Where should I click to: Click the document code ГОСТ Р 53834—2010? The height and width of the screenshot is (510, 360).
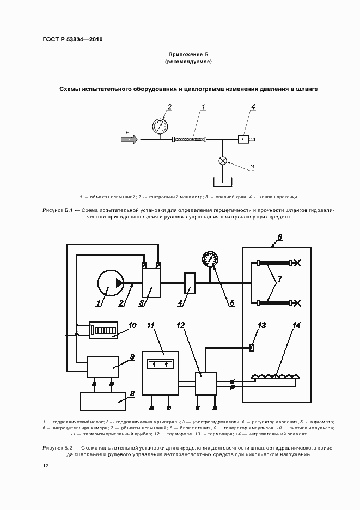pyautogui.click(x=72, y=40)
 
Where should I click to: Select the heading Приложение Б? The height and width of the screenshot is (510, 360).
pyautogui.click(x=188, y=54)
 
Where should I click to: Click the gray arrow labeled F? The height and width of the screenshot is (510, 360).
pyautogui.click(x=129, y=139)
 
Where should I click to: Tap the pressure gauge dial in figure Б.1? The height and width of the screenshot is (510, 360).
pyautogui.click(x=160, y=126)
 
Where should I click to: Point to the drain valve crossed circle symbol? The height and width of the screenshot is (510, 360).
pyautogui.click(x=222, y=160)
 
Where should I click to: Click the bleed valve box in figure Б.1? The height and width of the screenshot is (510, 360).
pyautogui.click(x=243, y=139)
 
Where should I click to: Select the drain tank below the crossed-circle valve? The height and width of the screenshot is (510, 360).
pyautogui.click(x=222, y=181)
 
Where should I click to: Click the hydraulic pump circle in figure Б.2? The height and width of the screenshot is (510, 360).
pyautogui.click(x=110, y=283)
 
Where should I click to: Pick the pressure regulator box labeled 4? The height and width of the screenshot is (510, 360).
pyautogui.click(x=190, y=282)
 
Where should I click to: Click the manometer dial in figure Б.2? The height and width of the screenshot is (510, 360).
pyautogui.click(x=210, y=258)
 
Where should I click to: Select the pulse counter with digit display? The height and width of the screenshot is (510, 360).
pyautogui.click(x=103, y=330)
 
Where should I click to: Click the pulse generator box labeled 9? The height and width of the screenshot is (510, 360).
pyautogui.click(x=102, y=366)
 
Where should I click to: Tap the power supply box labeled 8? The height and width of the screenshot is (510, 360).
pyautogui.click(x=103, y=400)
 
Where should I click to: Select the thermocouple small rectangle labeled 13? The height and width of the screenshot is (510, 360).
pyautogui.click(x=251, y=348)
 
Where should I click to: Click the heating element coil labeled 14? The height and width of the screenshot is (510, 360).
pyautogui.click(x=275, y=376)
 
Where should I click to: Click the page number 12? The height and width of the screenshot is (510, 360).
pyautogui.click(x=46, y=466)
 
